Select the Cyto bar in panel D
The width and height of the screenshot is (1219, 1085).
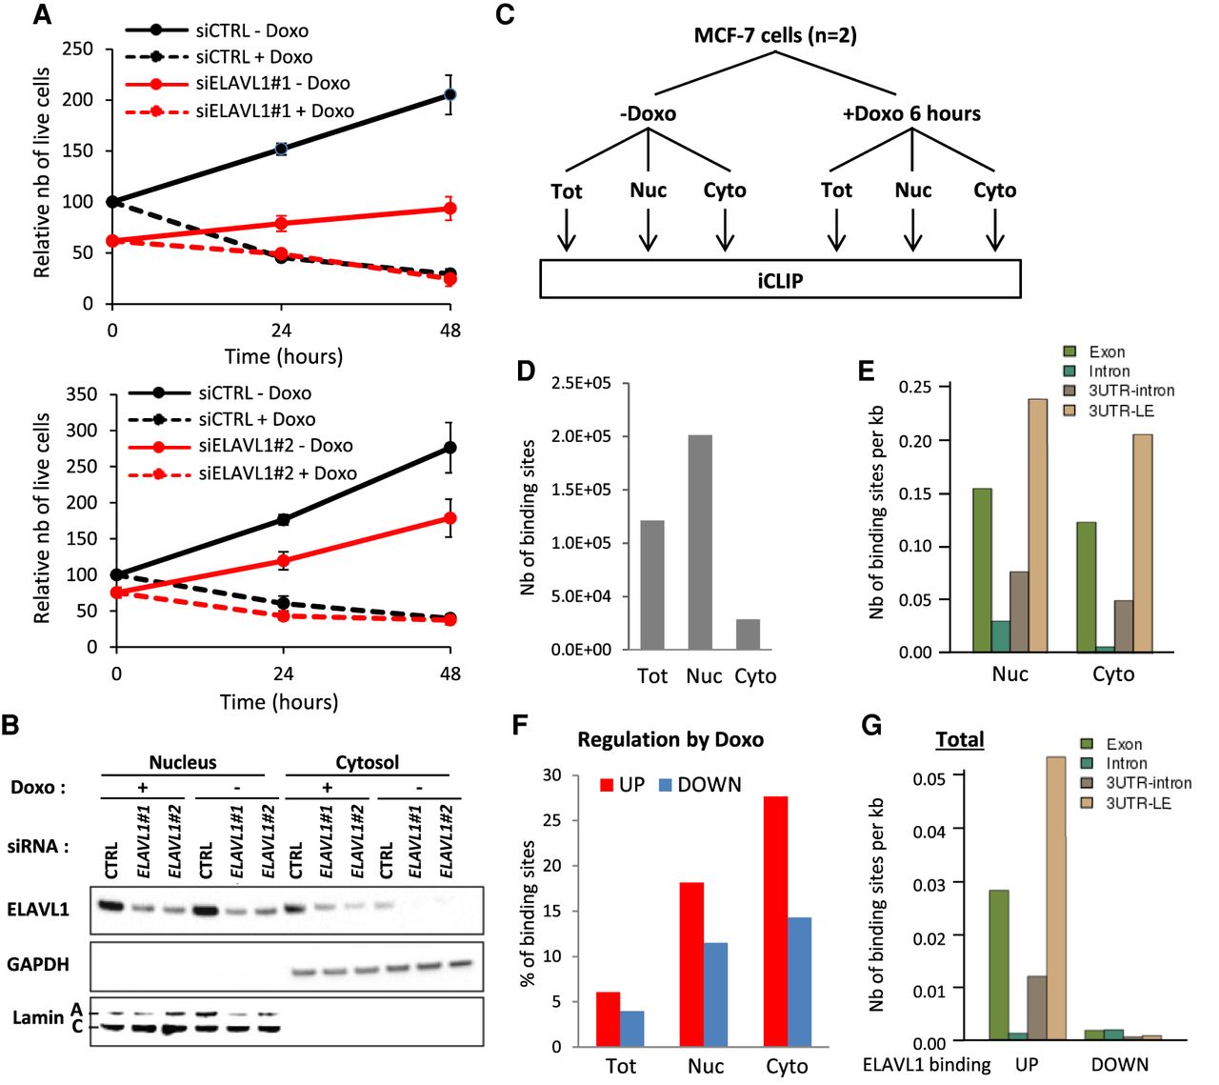point(749,633)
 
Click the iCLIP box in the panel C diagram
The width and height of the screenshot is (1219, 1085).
point(780,279)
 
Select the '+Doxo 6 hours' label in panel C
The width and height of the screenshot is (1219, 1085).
point(911,113)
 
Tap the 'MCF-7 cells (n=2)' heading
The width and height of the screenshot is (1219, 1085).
point(774,36)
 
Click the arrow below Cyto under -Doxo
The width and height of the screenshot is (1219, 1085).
point(725,231)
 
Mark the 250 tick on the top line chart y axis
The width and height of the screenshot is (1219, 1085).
point(78,49)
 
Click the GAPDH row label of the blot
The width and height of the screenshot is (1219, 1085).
point(38,964)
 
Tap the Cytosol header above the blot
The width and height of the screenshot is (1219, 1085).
point(367,762)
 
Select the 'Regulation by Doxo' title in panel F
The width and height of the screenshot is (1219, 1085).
point(670,739)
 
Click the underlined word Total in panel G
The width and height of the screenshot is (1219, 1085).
point(960,739)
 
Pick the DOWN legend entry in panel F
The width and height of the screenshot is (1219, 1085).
point(699,785)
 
